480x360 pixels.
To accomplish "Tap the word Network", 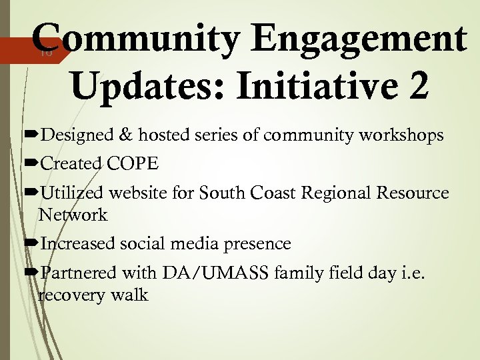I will [x=73, y=215].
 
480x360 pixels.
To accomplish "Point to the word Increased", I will [x=78, y=244].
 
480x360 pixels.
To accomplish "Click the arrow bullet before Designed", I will [x=31, y=136].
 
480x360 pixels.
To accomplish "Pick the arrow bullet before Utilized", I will [x=31, y=193].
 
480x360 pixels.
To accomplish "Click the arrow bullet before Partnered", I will [x=31, y=273].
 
